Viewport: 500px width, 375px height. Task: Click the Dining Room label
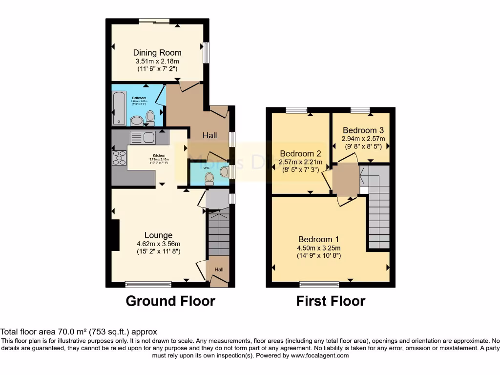tap(157, 53)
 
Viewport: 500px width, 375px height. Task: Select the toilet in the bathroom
tap(150, 117)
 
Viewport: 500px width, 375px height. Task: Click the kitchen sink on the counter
tap(143, 138)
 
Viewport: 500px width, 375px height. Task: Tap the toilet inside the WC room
tap(209, 178)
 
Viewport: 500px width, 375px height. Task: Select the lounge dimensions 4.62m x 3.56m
tap(158, 244)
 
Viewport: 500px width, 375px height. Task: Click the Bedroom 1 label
tap(318, 239)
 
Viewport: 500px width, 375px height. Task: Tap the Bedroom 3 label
tap(363, 130)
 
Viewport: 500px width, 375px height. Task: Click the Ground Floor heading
tap(170, 301)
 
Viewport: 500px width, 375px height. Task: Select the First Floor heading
tap(331, 301)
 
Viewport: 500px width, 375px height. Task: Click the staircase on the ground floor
tap(218, 232)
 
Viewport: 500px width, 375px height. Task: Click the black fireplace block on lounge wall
tap(115, 235)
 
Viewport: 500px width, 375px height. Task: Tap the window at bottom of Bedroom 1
tap(319, 284)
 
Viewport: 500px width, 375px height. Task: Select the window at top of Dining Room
tap(154, 21)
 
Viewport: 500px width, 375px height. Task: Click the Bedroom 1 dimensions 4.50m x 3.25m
tap(318, 248)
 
